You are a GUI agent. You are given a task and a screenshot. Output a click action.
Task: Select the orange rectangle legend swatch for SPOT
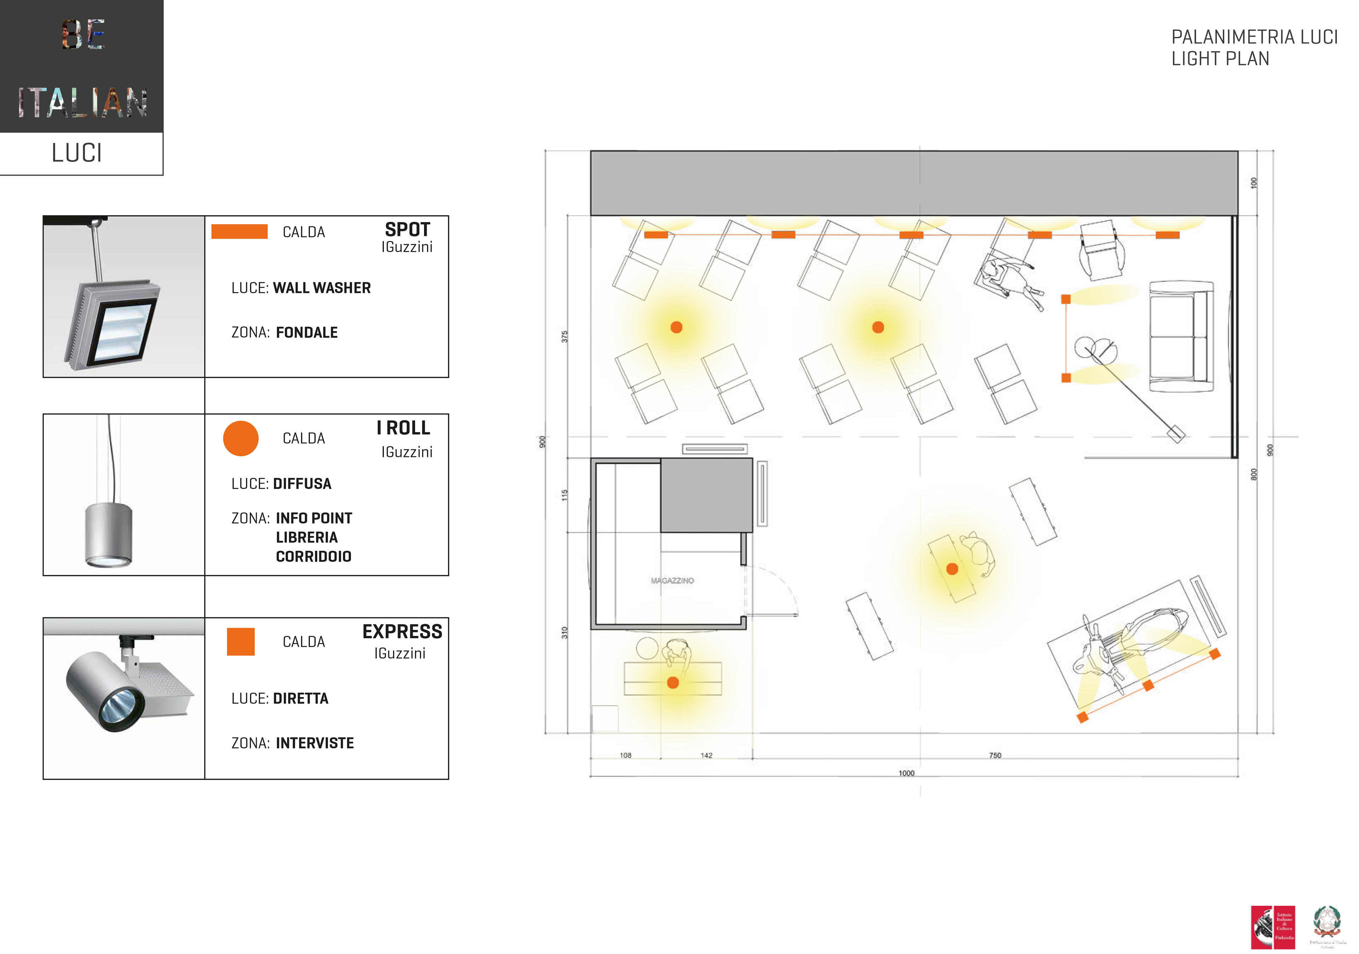pyautogui.click(x=239, y=231)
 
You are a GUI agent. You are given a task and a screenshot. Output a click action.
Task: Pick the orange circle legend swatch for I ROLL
pyautogui.click(x=240, y=438)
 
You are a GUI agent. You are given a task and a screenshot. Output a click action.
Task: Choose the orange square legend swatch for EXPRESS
pyautogui.click(x=240, y=642)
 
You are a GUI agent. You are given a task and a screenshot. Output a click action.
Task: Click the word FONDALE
pyautogui.click(x=306, y=333)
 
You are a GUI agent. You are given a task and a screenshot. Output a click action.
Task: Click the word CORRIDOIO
pyautogui.click(x=313, y=557)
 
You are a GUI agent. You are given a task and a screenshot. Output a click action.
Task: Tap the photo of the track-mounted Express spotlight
pyautogui.click(x=124, y=698)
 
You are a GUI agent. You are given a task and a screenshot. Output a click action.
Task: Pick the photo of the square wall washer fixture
pyautogui.click(x=124, y=297)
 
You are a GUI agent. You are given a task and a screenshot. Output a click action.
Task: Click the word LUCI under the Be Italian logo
pyautogui.click(x=77, y=153)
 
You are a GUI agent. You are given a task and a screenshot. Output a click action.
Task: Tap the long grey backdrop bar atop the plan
pyautogui.click(x=913, y=183)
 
